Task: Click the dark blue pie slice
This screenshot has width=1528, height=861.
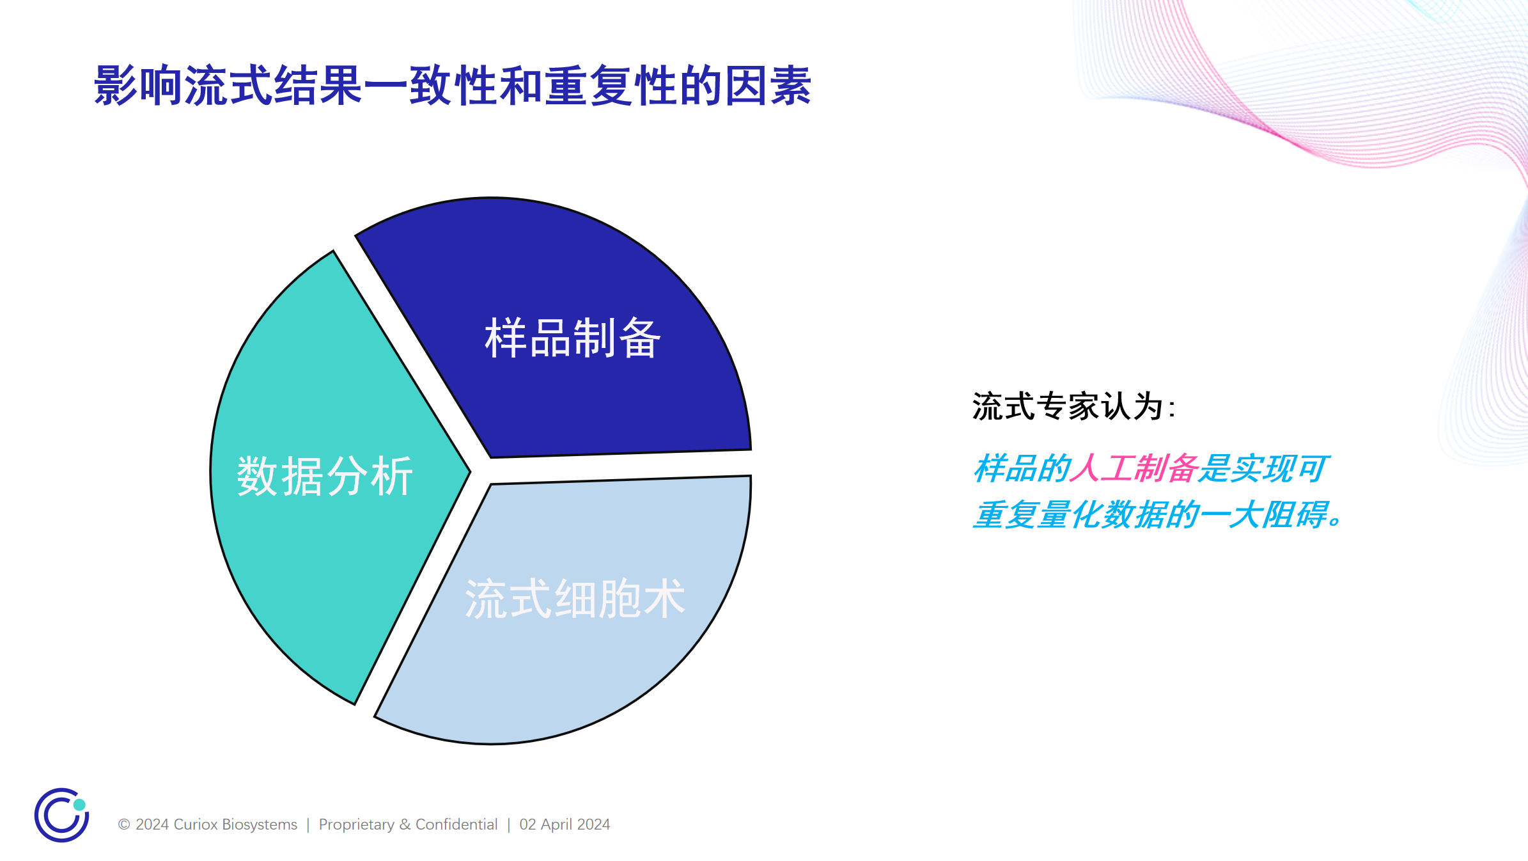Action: coord(575,333)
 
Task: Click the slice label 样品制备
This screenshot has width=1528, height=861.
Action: coord(573,338)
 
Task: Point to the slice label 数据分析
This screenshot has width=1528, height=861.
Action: coord(325,476)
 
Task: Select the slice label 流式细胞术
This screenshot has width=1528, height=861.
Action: coord(575,599)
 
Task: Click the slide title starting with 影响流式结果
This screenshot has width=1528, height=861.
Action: coord(453,85)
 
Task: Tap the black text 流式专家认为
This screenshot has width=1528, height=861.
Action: coord(1067,406)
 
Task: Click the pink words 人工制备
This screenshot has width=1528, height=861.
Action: coord(1134,468)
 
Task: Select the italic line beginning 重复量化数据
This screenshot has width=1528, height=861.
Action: coord(1159,515)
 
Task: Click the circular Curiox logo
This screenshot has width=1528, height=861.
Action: coord(62,815)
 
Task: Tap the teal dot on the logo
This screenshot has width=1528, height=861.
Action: coord(79,805)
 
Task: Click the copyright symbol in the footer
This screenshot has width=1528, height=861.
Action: coord(124,825)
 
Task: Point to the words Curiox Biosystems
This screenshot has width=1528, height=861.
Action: coord(235,825)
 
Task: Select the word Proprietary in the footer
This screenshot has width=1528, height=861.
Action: coord(357,825)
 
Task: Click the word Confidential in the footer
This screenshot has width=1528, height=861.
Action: coord(456,825)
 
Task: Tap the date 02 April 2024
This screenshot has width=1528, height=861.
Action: coord(565,825)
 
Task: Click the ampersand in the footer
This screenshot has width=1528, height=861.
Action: coord(405,825)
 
